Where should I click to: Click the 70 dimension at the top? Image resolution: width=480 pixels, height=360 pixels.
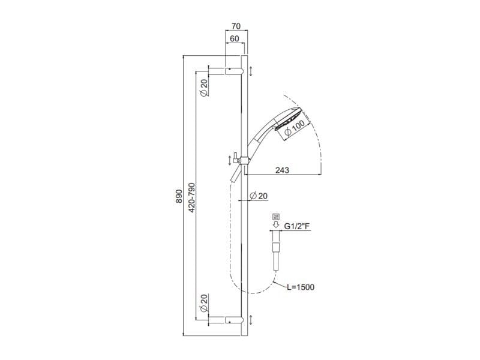(235, 27)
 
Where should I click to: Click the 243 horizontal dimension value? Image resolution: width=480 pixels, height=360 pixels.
(282, 170)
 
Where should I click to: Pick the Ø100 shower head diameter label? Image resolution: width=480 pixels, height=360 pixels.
(295, 128)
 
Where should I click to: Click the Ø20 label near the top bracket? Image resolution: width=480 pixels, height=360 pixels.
(203, 88)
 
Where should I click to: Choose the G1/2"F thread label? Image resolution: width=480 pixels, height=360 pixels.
(297, 227)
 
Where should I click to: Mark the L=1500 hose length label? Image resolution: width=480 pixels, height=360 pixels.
(300, 287)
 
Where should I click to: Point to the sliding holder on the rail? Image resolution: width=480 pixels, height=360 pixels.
(242, 159)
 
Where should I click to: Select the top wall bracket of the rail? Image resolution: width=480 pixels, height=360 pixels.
(233, 71)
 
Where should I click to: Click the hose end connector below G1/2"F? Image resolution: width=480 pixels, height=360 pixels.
(276, 249)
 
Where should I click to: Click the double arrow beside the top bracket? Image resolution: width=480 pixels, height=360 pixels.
(251, 71)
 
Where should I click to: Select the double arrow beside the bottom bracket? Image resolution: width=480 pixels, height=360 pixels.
(251, 320)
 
